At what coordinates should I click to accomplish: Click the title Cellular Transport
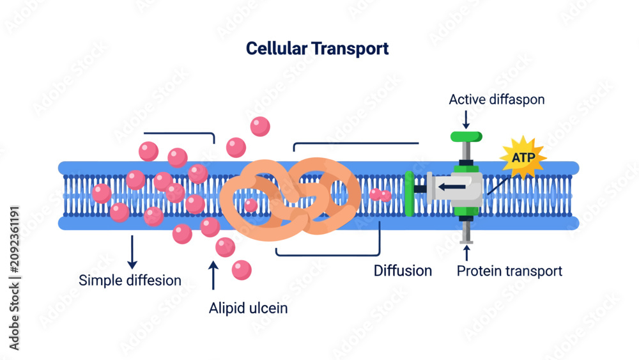[x=317, y=49]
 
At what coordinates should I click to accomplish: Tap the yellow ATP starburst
[x=523, y=158]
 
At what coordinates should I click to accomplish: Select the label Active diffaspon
[x=497, y=100]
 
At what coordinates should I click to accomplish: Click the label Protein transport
[x=509, y=271]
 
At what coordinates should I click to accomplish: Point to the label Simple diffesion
[x=130, y=281]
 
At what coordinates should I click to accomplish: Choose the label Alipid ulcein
[x=248, y=308]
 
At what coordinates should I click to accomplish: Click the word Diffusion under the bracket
[x=403, y=270]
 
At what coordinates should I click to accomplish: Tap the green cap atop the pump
[x=466, y=137]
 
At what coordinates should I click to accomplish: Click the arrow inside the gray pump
[x=452, y=187]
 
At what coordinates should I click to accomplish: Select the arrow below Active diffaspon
[x=466, y=120]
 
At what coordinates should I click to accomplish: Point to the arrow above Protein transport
[x=466, y=253]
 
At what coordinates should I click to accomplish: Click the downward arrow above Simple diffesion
[x=132, y=252]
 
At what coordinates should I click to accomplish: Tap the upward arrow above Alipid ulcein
[x=213, y=275]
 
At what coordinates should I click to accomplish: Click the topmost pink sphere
[x=260, y=127]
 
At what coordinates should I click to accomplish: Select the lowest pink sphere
[x=242, y=270]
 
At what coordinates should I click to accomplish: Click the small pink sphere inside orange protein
[x=251, y=205]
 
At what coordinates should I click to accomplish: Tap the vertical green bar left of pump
[x=410, y=194]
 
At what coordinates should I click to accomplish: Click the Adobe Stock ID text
[x=14, y=278]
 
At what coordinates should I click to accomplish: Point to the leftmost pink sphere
[x=102, y=193]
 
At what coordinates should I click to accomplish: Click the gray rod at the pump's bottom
[x=466, y=232]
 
